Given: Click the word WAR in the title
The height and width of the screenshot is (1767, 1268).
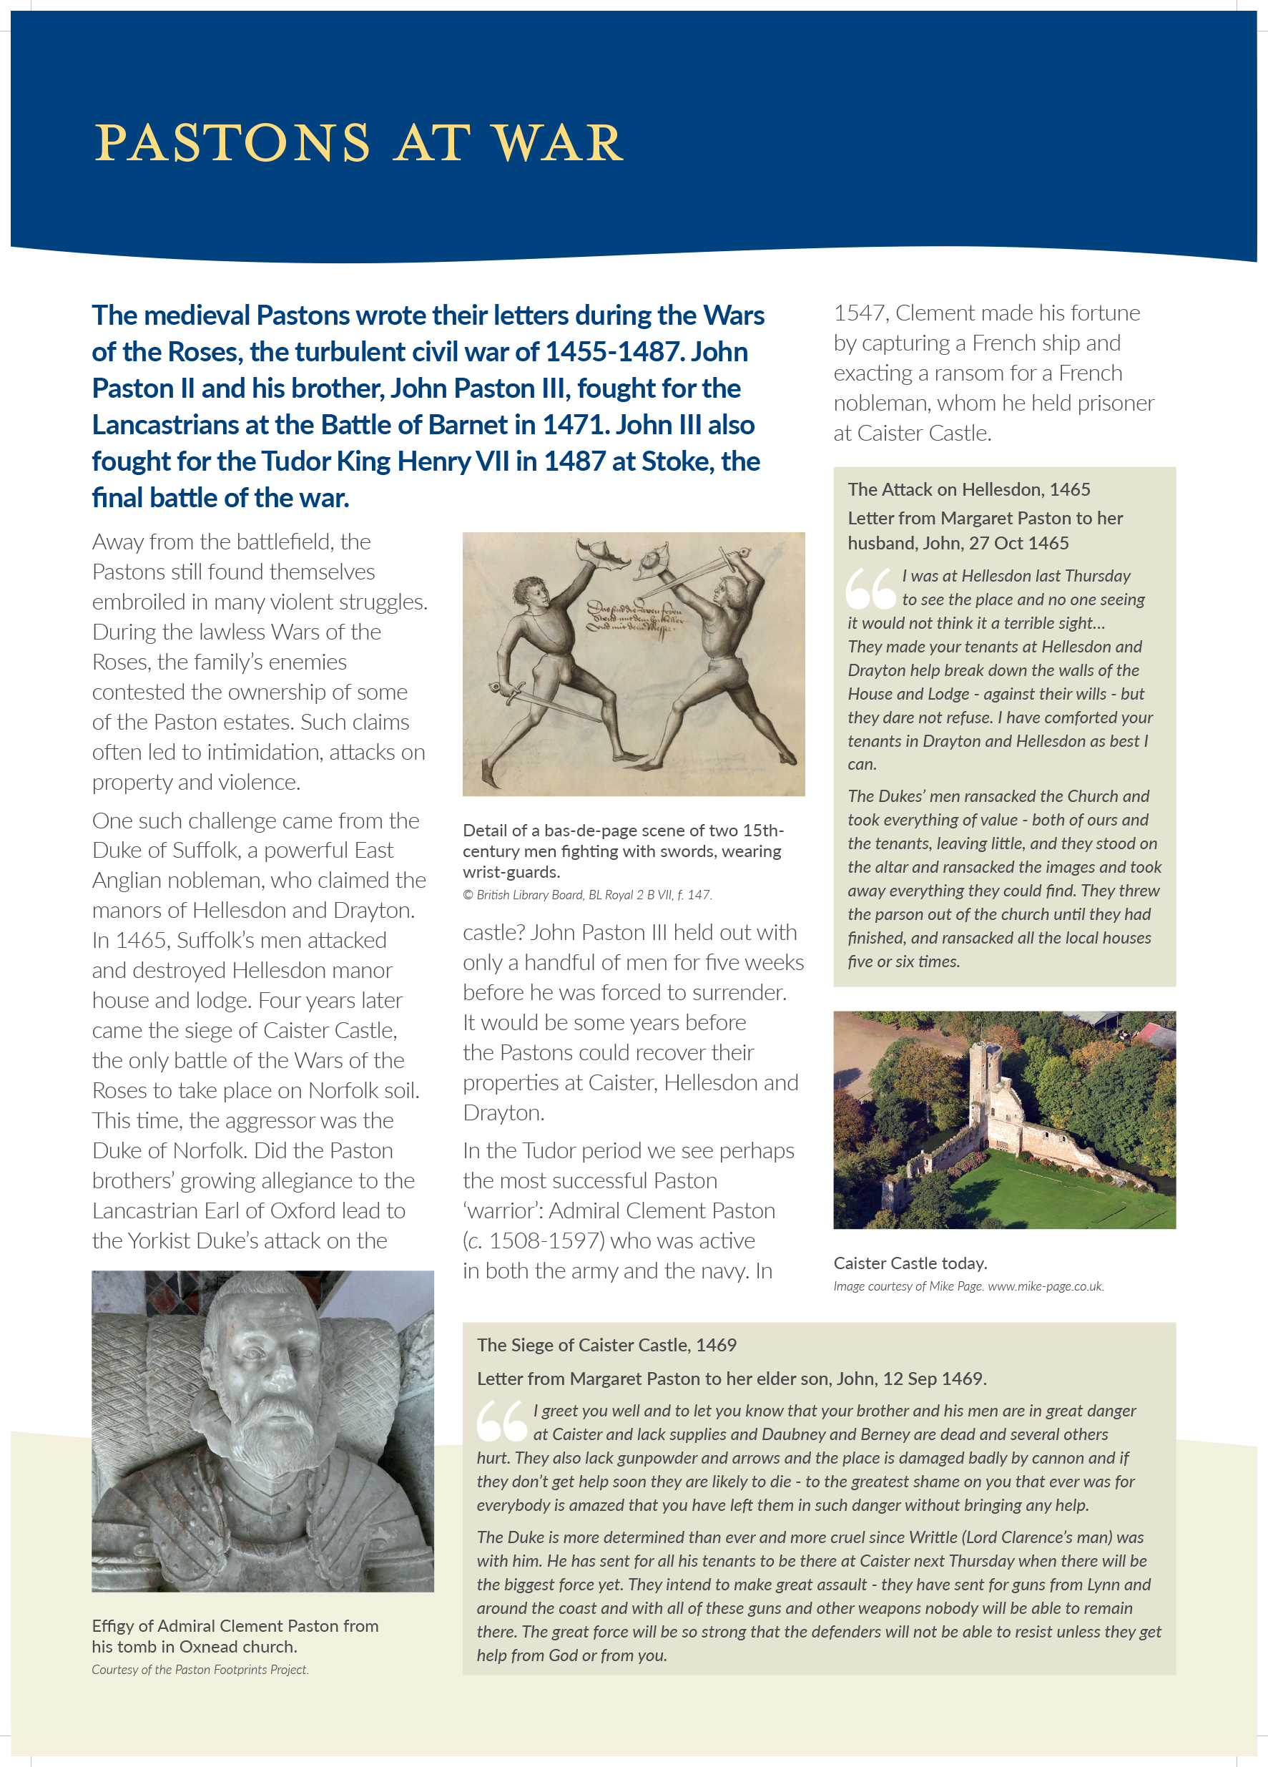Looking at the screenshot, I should coord(559,143).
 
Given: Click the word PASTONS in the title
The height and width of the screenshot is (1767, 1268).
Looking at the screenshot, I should coord(232,143).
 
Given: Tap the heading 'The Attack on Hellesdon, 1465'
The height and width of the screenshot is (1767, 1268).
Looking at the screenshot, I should coord(968,489).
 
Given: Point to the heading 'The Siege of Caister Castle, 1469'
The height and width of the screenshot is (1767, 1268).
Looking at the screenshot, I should coord(606,1345).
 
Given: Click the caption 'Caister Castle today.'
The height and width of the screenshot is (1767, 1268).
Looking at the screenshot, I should coord(910,1263).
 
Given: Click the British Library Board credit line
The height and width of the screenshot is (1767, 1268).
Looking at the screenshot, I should coord(586,894).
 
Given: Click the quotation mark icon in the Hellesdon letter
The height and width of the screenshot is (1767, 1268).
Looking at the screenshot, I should coord(870,588).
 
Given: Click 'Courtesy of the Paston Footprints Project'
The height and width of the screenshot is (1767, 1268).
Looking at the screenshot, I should coord(200,1670).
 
